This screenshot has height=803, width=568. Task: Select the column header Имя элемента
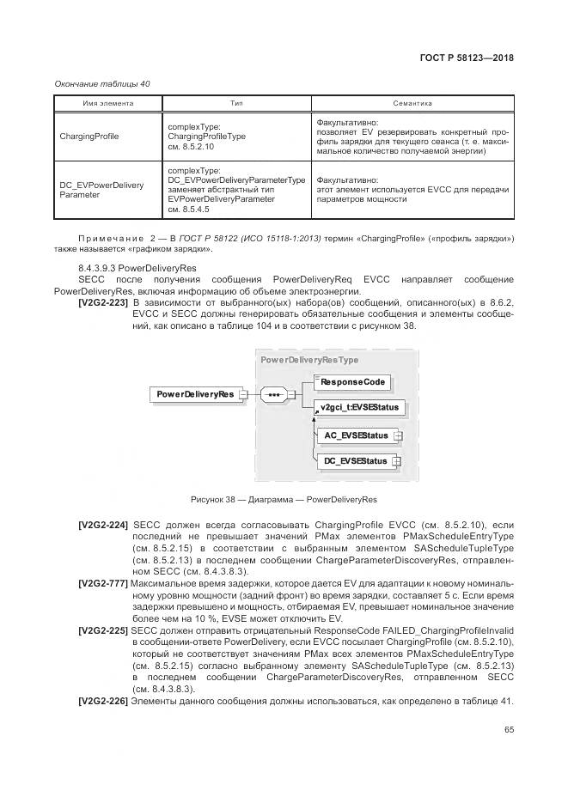coord(108,103)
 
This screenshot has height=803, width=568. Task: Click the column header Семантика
coord(412,103)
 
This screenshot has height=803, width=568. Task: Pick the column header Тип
coord(236,103)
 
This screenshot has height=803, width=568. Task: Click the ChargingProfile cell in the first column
coord(89,136)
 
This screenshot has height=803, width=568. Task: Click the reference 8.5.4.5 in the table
coord(188,210)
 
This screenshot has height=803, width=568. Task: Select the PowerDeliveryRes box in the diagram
coord(195,394)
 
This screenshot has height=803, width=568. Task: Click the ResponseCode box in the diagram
coord(353,380)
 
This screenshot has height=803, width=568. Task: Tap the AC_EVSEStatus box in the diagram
coord(356,435)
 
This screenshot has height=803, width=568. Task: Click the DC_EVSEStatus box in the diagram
coord(356,461)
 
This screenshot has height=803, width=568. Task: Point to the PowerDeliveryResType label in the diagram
coord(309,360)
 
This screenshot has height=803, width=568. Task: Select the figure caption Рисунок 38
coord(283,500)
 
